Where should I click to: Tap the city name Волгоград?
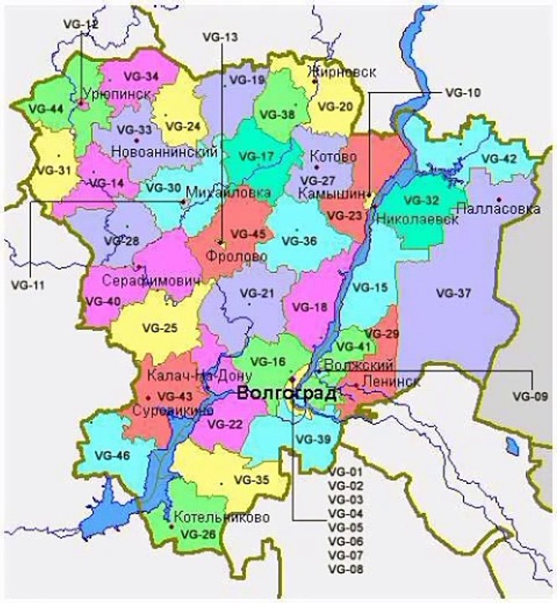(288, 394)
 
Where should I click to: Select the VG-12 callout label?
(81, 24)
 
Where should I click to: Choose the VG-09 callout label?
(528, 394)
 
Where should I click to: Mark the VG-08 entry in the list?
(345, 569)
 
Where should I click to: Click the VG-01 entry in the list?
(345, 472)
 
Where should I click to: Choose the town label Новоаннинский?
(164, 152)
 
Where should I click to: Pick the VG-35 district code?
(251, 480)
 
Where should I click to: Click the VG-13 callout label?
(221, 38)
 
